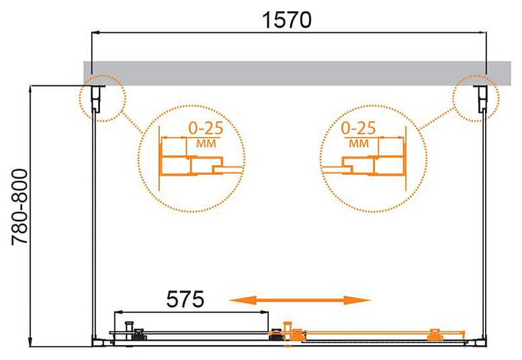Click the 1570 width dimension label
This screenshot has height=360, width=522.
287,20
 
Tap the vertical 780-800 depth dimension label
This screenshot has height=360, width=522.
19,208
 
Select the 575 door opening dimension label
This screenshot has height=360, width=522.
185,299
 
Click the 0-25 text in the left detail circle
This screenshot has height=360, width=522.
206,128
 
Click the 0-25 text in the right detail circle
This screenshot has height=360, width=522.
358,128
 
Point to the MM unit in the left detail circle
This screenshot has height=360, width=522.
206,144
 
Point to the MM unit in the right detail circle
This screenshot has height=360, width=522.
359,144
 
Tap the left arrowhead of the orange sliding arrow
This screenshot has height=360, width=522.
243,300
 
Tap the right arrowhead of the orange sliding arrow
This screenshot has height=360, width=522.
357,300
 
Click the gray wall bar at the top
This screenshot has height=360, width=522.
297,73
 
